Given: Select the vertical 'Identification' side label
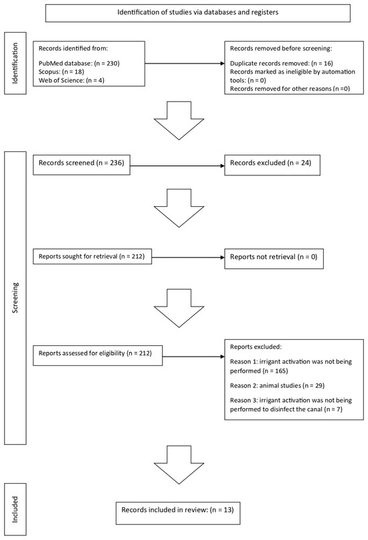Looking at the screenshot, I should tap(15, 63).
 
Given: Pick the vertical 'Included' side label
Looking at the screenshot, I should tap(15, 511).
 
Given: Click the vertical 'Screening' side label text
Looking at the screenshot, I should tap(15, 298).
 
